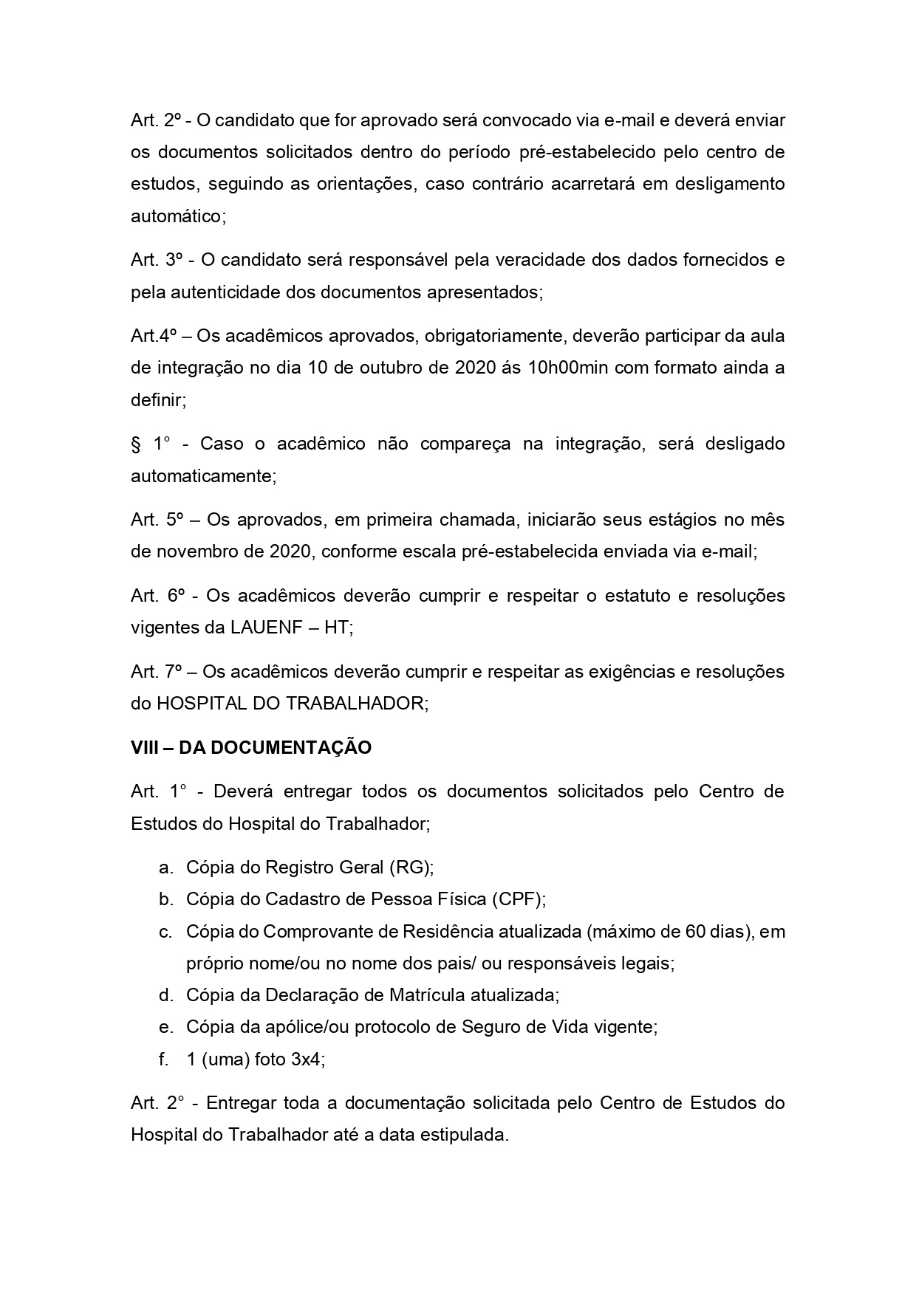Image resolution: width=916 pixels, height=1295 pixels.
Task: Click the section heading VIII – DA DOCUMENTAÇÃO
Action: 251,748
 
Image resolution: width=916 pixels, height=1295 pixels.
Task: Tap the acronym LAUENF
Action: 264,628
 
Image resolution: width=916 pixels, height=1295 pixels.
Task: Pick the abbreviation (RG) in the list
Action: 414,868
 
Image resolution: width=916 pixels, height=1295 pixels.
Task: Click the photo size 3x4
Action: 306,1059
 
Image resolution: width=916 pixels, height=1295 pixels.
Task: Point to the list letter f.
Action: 164,1059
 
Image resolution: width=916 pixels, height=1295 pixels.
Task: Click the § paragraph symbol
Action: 135,444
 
